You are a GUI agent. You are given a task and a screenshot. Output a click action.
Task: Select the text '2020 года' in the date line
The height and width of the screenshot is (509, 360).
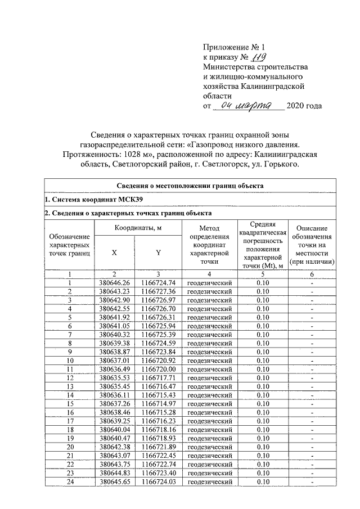(x=304, y=106)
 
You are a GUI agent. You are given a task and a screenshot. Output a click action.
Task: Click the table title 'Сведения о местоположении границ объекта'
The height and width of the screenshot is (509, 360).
(x=190, y=186)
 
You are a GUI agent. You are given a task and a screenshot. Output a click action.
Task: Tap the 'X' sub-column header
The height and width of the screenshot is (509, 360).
(x=115, y=253)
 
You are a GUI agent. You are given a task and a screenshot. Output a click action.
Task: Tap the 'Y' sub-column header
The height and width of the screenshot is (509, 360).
(x=158, y=253)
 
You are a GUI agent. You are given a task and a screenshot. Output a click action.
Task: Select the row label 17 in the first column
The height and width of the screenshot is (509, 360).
(x=70, y=421)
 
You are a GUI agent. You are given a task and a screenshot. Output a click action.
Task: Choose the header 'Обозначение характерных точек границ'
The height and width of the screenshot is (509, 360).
(x=70, y=245)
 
